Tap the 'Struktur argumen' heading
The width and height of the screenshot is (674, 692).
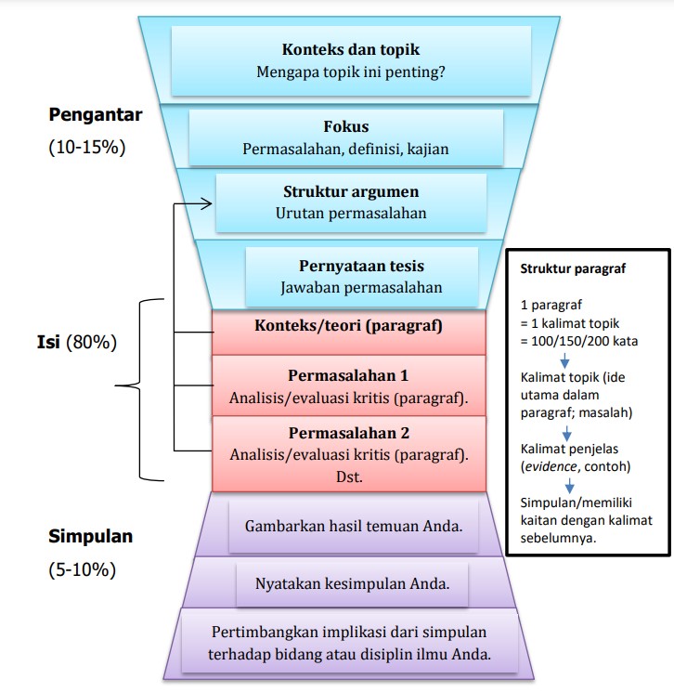(351, 192)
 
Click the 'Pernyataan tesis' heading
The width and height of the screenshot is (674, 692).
(361, 266)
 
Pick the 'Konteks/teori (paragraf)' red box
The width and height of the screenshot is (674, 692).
(348, 326)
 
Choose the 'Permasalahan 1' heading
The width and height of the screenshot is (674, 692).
(348, 376)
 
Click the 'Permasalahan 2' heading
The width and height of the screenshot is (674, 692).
(348, 433)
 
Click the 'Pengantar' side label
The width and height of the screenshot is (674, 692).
(96, 116)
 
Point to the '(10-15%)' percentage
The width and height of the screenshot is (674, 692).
(86, 148)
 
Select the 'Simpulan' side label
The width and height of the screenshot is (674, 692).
(90, 536)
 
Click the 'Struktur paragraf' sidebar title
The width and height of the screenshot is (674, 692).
(573, 270)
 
